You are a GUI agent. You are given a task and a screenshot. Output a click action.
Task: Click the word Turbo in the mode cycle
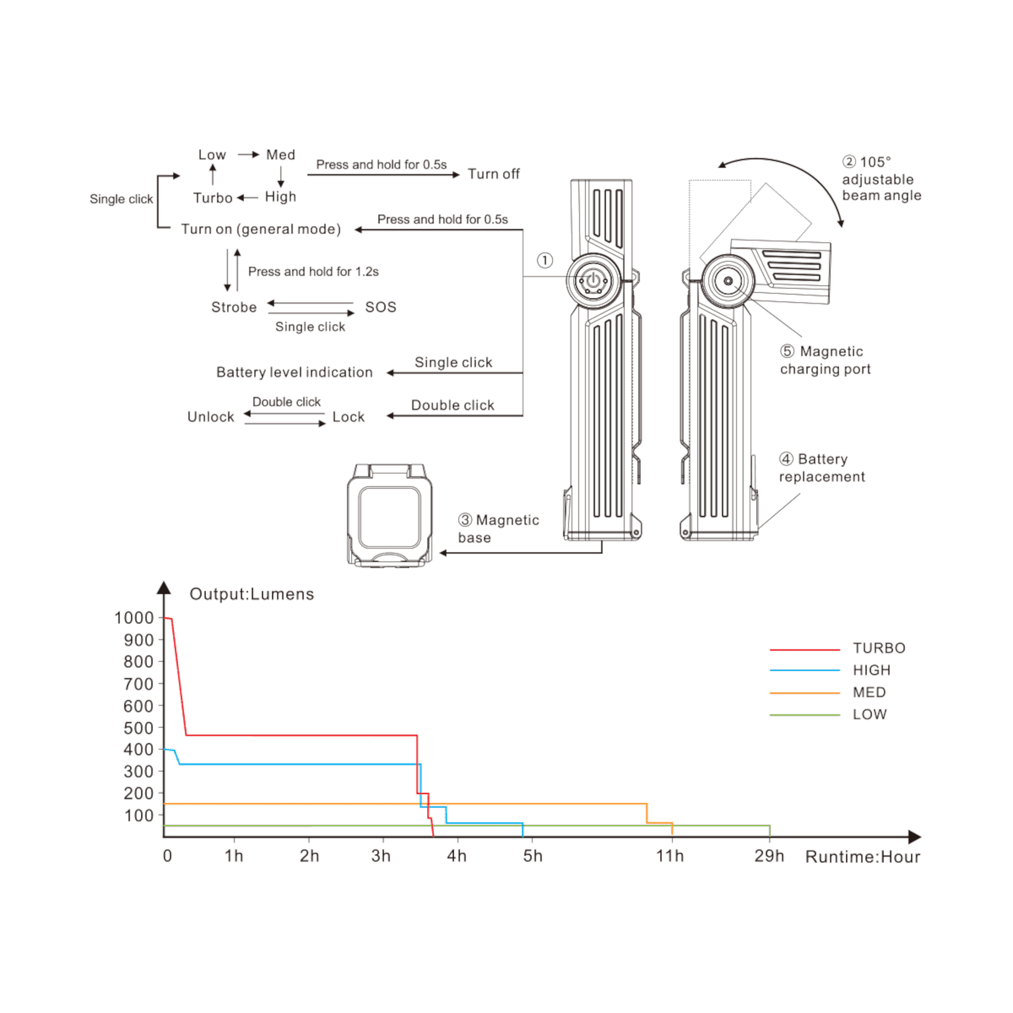coord(213,198)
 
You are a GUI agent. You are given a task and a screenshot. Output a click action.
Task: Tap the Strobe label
coord(234,307)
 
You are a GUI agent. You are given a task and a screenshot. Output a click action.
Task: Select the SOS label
coord(380,307)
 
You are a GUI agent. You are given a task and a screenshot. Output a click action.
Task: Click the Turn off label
coord(493,174)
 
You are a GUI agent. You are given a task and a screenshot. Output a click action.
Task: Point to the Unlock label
coord(211,417)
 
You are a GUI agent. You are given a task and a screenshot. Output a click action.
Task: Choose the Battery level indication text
coord(294,372)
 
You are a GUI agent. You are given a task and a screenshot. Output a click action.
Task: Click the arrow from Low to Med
coord(249,155)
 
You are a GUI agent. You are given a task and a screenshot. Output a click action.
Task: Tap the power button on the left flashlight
coord(594,280)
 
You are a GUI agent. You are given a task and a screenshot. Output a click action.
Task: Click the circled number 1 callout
coord(545,260)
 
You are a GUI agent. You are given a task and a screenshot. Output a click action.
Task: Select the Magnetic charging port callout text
coord(825,360)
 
